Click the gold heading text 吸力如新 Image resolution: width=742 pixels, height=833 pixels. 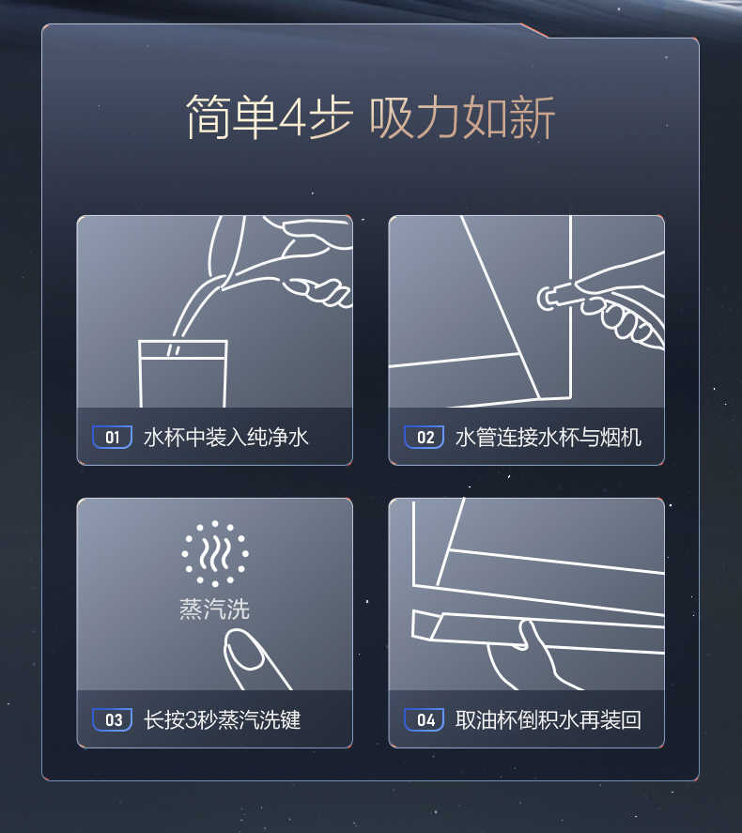pos(462,117)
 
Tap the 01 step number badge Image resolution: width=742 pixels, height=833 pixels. pos(112,437)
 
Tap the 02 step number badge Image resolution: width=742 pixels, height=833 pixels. pos(424,437)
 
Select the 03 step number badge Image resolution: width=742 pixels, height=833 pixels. pos(112,720)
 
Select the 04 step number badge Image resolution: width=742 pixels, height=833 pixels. pos(424,720)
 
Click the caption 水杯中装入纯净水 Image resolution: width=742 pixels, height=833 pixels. pos(225,437)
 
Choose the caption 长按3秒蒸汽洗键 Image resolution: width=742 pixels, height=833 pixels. pos(222,720)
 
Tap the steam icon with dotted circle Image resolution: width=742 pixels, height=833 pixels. pos(215,554)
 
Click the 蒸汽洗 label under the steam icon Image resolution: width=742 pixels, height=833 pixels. pos(215,609)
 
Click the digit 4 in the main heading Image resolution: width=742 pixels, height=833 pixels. pos(292,119)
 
